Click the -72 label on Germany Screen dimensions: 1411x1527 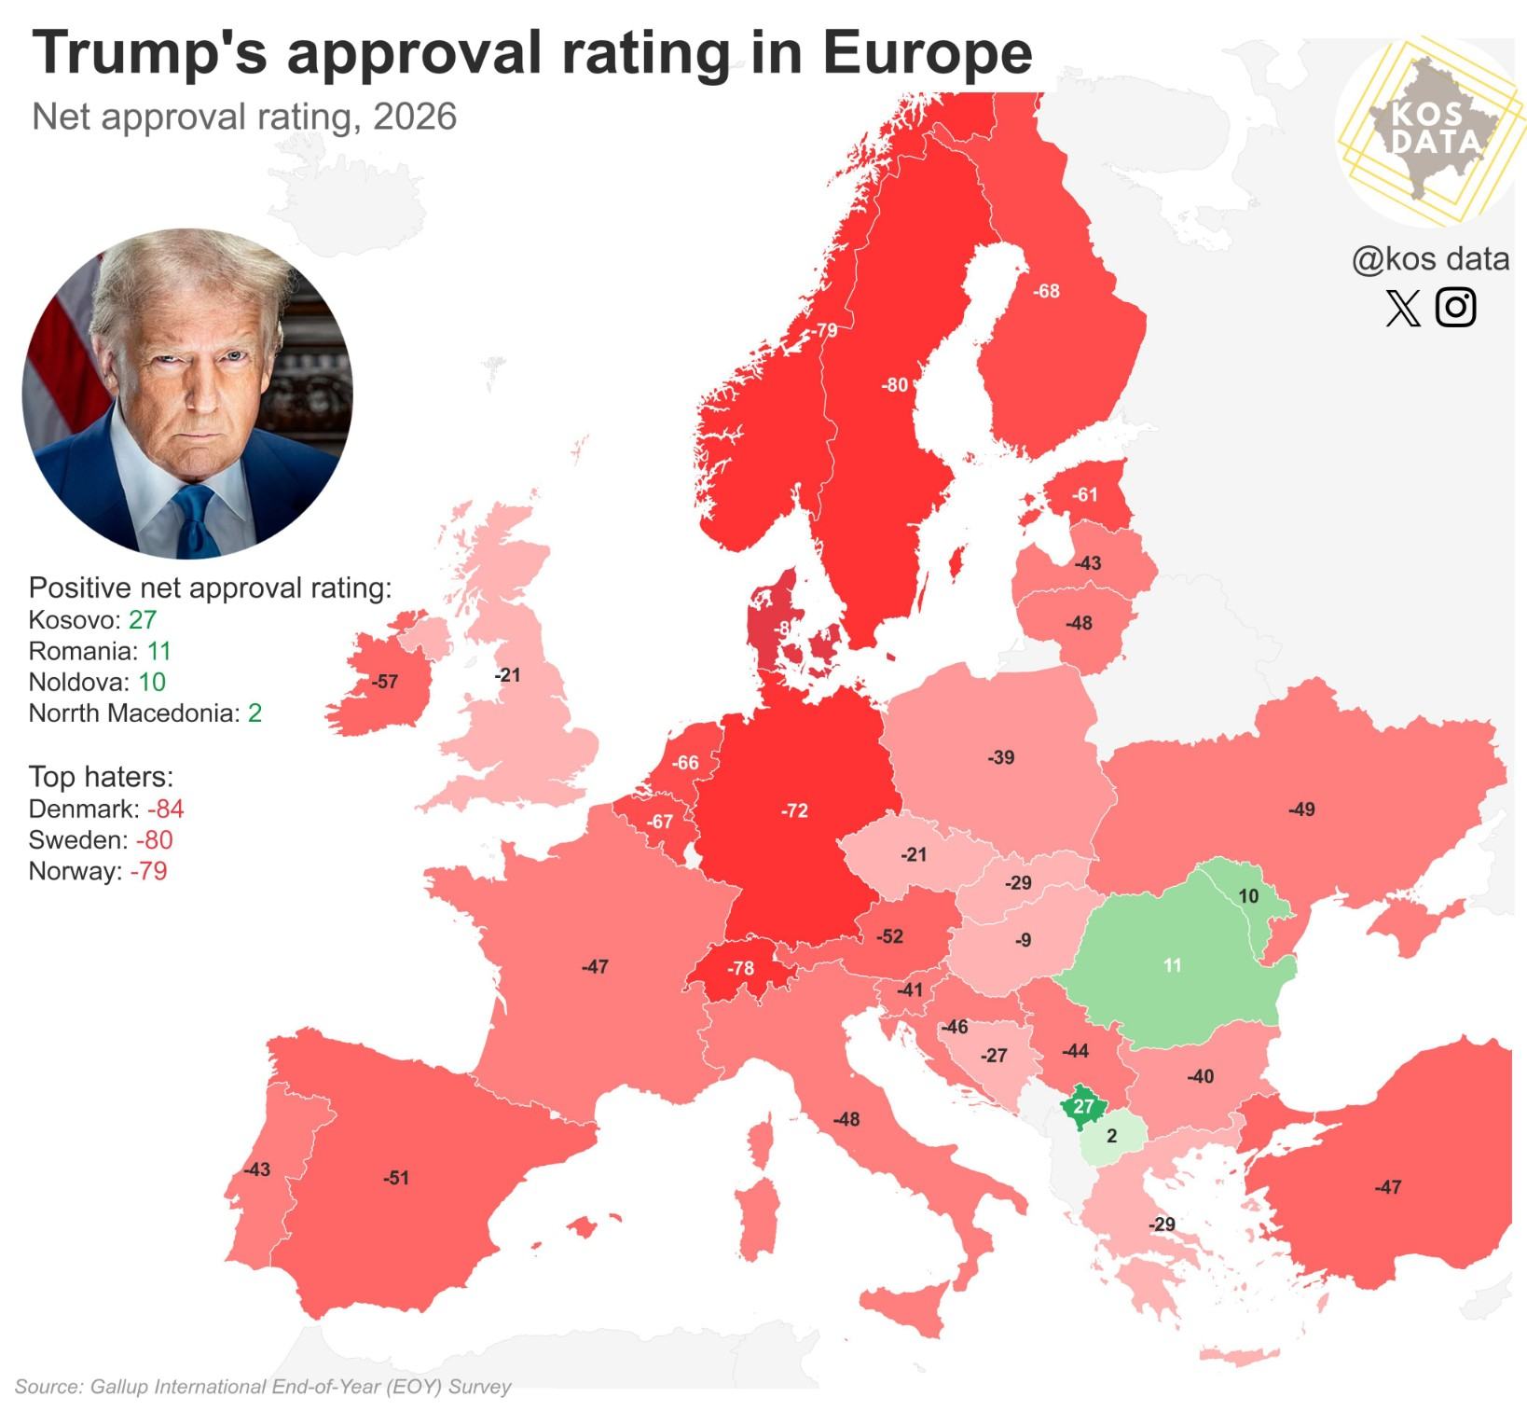[794, 810]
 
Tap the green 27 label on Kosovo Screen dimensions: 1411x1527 [1082, 1106]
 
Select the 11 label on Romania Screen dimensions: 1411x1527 [1173, 965]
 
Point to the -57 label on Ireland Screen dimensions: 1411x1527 [384, 682]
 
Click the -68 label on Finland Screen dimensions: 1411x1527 [1046, 291]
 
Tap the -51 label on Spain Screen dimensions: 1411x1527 [396, 1178]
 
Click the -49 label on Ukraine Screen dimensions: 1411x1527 [1301, 809]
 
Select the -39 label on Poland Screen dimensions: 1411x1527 [1001, 757]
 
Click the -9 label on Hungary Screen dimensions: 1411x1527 [1023, 940]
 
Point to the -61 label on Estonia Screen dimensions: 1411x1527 [1084, 494]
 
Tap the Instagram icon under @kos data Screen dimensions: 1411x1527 [1455, 307]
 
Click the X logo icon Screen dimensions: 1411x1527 [1403, 308]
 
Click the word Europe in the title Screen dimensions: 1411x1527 [927, 53]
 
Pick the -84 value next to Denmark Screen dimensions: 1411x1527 [165, 809]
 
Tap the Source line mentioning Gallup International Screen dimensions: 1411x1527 [263, 1387]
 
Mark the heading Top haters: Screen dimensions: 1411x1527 [101, 776]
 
